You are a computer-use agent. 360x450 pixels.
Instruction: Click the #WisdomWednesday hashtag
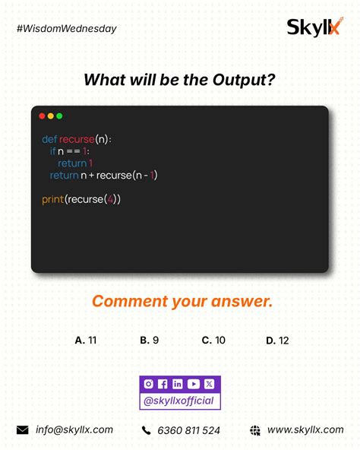66,29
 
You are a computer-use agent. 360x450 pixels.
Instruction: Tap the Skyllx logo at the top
314,27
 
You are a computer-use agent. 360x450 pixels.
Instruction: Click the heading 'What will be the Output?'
179,79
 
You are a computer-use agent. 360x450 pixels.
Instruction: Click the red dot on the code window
43,116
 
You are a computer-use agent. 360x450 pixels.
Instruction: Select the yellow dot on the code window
51,116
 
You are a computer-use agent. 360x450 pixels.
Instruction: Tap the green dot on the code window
59,116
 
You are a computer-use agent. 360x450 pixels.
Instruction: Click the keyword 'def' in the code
49,140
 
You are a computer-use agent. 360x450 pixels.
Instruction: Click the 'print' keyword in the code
52,199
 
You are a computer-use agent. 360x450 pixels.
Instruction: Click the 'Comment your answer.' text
182,302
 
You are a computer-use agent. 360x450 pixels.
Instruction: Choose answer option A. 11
86,341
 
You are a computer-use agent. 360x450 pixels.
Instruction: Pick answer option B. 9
149,341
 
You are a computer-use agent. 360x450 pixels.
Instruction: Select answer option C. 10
213,341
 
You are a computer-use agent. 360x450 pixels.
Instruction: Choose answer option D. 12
277,341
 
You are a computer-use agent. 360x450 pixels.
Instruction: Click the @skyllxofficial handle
179,401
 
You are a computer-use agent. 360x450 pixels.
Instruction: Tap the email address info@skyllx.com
74,429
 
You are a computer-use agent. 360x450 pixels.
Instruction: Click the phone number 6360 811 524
188,430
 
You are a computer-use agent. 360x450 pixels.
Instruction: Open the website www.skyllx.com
305,429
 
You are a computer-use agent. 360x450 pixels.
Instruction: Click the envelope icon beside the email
22,430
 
